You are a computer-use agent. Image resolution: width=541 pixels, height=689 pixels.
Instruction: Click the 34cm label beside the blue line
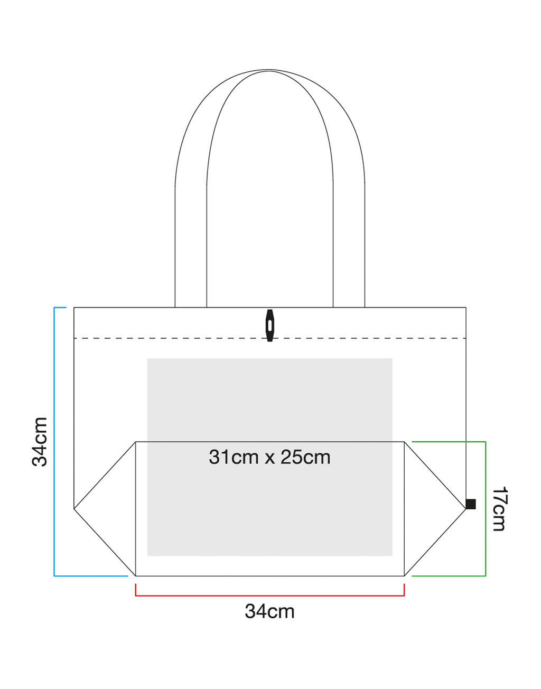(x=40, y=442)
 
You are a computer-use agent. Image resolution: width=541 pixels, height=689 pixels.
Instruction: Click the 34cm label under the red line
(x=269, y=611)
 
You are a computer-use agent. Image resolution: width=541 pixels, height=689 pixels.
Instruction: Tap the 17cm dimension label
(x=499, y=508)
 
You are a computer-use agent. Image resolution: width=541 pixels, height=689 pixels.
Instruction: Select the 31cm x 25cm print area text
(x=269, y=457)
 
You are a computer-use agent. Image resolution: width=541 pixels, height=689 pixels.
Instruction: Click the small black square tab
(x=471, y=504)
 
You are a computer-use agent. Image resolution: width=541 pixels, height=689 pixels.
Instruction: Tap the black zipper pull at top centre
(x=270, y=325)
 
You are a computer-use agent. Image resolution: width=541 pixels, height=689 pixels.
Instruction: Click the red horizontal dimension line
(x=269, y=595)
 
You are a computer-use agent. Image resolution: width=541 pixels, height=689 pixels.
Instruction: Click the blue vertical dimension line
(x=54, y=442)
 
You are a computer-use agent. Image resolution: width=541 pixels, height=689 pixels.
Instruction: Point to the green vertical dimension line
(x=486, y=508)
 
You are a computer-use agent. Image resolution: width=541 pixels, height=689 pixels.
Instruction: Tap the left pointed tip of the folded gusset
(x=74, y=508)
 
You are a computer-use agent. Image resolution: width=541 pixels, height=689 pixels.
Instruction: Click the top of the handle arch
(x=269, y=70)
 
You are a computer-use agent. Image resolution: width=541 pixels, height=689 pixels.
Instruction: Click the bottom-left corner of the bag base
(x=136, y=575)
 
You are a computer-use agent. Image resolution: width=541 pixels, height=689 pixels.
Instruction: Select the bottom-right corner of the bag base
(x=404, y=575)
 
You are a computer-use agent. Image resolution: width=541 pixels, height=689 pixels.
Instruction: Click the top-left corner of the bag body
(x=74, y=308)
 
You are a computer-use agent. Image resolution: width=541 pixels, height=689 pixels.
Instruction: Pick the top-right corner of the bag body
(x=466, y=308)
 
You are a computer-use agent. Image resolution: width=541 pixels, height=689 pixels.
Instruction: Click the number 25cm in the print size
(x=305, y=457)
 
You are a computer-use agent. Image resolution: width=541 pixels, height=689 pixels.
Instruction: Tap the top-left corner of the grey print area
(x=148, y=359)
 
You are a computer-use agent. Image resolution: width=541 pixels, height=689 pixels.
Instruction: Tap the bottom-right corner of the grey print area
(x=392, y=555)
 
